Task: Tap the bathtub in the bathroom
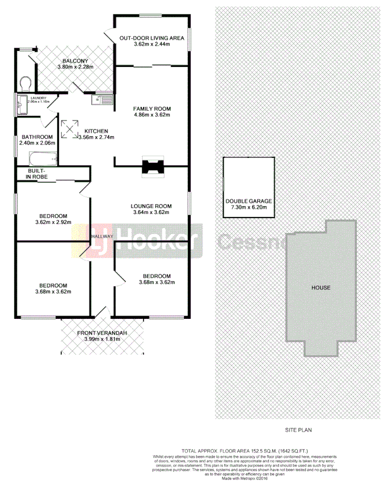[x=43, y=160]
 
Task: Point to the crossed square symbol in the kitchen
[x=69, y=129]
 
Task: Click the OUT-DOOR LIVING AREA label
[x=152, y=38]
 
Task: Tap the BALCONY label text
[x=75, y=60]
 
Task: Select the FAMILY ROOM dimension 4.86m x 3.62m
[x=152, y=115]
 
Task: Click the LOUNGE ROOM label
[x=151, y=206]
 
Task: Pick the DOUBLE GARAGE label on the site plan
[x=248, y=201]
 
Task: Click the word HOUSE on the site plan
[x=321, y=288]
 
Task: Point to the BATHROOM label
[x=36, y=137]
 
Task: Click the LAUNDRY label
[x=38, y=98]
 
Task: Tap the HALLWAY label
[x=102, y=237]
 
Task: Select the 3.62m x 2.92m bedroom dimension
[x=53, y=222]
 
